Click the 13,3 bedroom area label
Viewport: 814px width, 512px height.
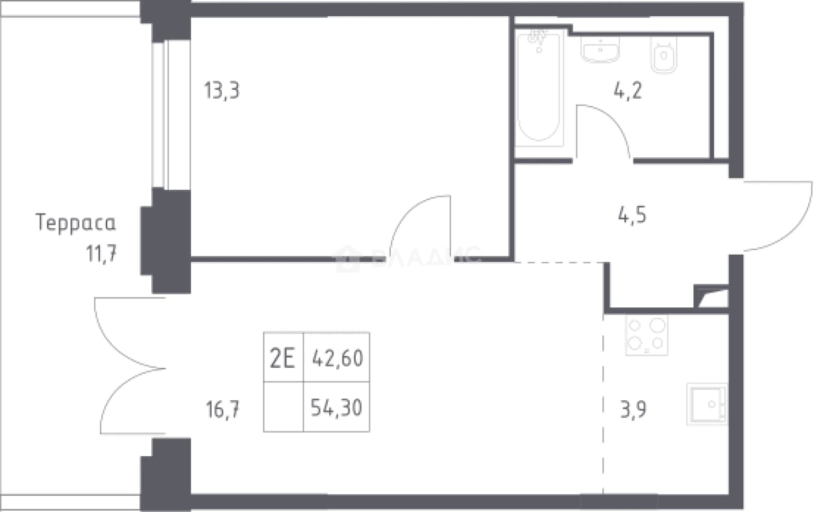tap(222, 91)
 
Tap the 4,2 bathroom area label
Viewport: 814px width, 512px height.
tap(628, 90)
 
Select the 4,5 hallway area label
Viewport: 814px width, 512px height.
tap(632, 215)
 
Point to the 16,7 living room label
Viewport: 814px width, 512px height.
tap(223, 409)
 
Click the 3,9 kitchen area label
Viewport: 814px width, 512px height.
tap(633, 409)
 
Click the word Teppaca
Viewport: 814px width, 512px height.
tap(75, 222)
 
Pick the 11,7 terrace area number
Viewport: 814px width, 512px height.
tap(101, 254)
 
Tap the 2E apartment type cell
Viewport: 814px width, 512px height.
tap(282, 358)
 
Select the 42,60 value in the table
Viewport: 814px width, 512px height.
tap(338, 358)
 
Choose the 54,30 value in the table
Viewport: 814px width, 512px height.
tap(336, 407)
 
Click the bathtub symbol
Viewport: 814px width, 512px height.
tap(539, 88)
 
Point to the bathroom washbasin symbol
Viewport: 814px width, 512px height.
tap(600, 49)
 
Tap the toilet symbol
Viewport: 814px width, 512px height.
tap(663, 55)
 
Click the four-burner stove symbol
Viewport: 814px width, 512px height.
tap(647, 335)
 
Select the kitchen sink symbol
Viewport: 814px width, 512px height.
tap(707, 404)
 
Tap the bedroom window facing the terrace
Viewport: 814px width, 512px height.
tap(171, 115)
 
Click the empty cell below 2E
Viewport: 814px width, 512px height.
tap(284, 407)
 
